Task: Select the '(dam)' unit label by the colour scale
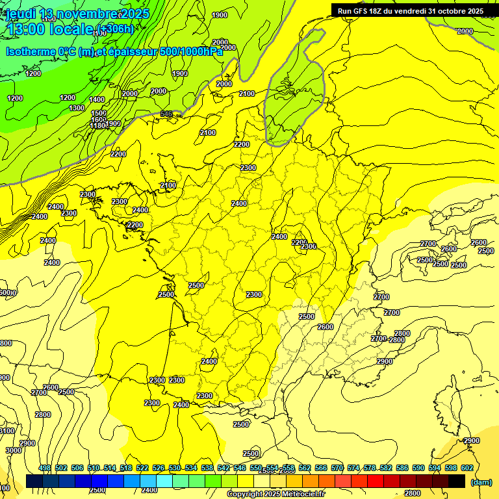[x=481, y=482]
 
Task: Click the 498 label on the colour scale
[x=45, y=468]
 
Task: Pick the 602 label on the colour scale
[x=467, y=468]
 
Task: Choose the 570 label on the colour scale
[x=337, y=468]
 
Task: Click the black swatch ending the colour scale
[x=457, y=481]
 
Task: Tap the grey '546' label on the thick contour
[x=166, y=114]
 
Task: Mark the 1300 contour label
[x=77, y=108]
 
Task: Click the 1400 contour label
[x=97, y=99]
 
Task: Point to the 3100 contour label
[x=6, y=431]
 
